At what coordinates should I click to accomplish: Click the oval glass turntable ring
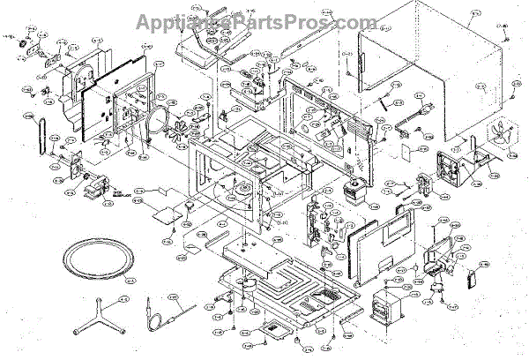point(94,259)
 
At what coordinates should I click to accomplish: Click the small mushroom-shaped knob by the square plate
point(188,206)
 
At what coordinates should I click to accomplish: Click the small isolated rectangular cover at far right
point(472,280)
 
